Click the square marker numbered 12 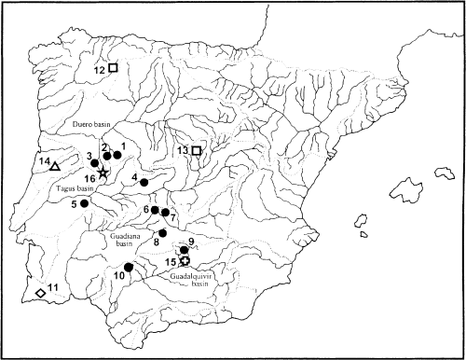[x=113, y=68]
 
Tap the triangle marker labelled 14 [x=54, y=167]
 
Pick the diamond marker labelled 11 [x=40, y=294]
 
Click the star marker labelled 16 [x=103, y=173]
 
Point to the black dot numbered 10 [x=129, y=268]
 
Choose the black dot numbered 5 [x=84, y=202]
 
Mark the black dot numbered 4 [x=144, y=183]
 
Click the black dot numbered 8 [x=162, y=232]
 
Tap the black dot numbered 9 [x=184, y=250]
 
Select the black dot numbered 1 [x=118, y=155]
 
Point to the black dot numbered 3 [x=95, y=162]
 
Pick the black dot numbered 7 [x=165, y=213]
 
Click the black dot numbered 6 [x=155, y=210]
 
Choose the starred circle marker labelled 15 [x=185, y=261]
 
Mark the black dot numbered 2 [x=107, y=156]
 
